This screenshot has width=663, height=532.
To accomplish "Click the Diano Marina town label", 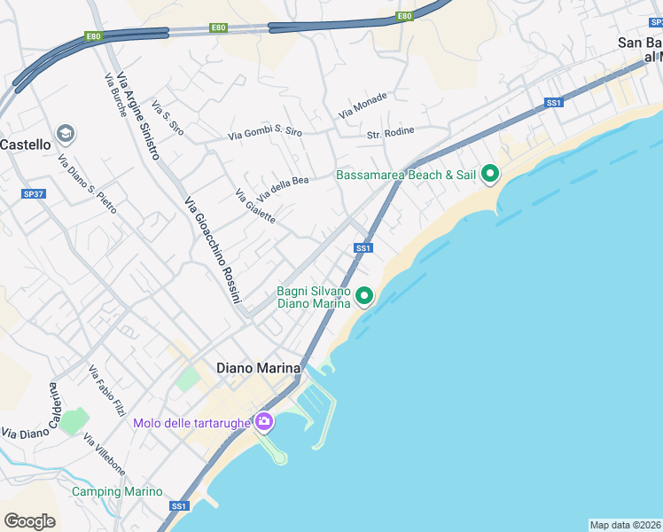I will tap(259, 367).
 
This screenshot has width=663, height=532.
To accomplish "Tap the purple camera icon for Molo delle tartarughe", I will tap(263, 421).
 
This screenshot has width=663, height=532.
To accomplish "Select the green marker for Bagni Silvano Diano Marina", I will tap(363, 296).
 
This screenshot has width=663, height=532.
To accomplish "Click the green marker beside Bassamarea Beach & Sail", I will tap(489, 175).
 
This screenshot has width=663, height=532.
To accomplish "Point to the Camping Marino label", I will tap(117, 491).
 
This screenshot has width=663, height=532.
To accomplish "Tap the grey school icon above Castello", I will tap(65, 134).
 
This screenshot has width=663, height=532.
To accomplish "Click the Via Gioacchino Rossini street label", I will tap(213, 250).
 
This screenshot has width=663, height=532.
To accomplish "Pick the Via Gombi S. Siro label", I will tap(265, 133).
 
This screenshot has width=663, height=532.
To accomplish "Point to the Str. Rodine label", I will tap(391, 134).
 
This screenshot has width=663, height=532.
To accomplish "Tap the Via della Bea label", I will tap(283, 188).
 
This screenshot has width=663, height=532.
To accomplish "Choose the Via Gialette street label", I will tap(255, 207).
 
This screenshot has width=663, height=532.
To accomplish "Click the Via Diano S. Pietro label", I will tap(87, 184).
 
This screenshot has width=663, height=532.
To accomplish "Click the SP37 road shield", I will tap(34, 193).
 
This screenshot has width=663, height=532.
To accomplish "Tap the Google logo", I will tap(29, 521).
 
